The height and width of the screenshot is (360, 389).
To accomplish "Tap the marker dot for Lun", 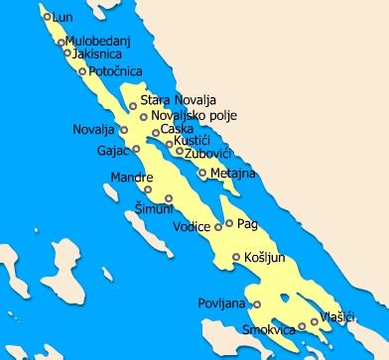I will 47,17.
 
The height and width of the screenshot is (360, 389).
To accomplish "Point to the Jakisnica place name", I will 97,54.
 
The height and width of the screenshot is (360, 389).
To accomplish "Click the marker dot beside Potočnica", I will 82,71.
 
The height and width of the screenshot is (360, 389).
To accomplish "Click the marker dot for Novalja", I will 124,130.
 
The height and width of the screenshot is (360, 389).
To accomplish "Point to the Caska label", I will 178,129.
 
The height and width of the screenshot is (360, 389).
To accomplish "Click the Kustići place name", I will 192,142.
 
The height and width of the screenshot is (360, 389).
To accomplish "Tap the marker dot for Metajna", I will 202,173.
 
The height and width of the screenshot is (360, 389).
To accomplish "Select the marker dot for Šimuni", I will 149,189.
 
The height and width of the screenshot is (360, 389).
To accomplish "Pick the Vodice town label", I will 192,227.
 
